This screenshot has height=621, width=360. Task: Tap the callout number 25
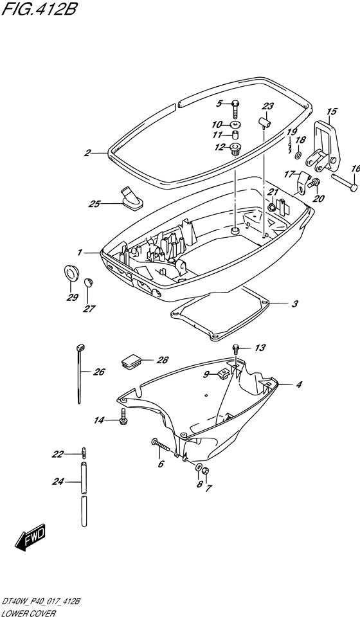coord(95,204)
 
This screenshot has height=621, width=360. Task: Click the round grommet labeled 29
coord(72,273)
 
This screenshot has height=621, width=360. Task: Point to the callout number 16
coord(355,169)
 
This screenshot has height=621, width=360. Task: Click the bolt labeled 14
coord(122,417)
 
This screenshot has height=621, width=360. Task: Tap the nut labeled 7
coord(206,471)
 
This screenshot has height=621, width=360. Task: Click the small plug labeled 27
coord(88,282)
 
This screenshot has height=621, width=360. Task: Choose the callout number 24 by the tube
coord(59,482)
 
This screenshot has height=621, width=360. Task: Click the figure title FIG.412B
coord(40,9)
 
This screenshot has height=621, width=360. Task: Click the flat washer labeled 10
coord(236,124)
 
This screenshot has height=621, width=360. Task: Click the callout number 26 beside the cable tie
coord(99,372)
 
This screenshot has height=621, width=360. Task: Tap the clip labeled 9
coord(222,373)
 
